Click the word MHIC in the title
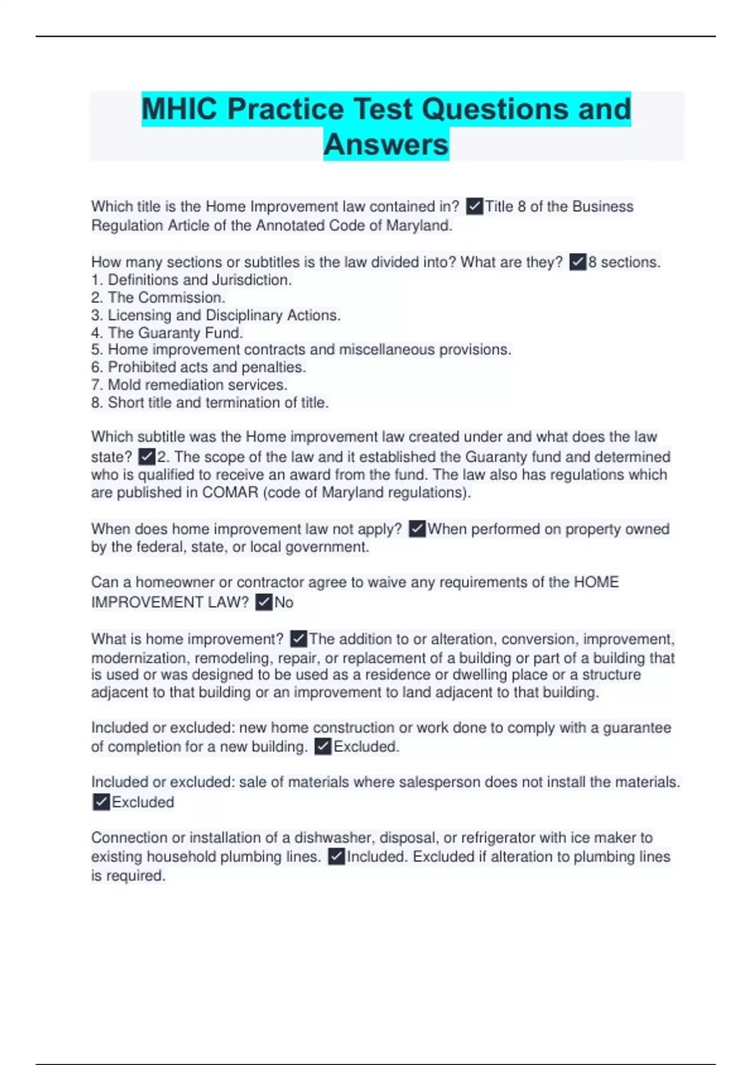coord(180,109)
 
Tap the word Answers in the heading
coord(386,145)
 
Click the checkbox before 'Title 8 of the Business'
coord(475,207)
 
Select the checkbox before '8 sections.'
coord(578,262)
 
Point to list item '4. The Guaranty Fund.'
coord(167,333)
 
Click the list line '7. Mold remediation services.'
coord(189,385)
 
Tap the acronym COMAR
coord(230,492)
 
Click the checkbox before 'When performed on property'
coord(417,529)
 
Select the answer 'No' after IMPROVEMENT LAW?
coord(284,603)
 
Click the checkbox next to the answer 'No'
coord(264,603)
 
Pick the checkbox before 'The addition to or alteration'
coord(299,639)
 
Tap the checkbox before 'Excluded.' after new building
coord(323,747)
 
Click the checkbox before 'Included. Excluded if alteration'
coord(337,857)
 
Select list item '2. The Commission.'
coord(158,298)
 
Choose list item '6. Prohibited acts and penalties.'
coord(198,367)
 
